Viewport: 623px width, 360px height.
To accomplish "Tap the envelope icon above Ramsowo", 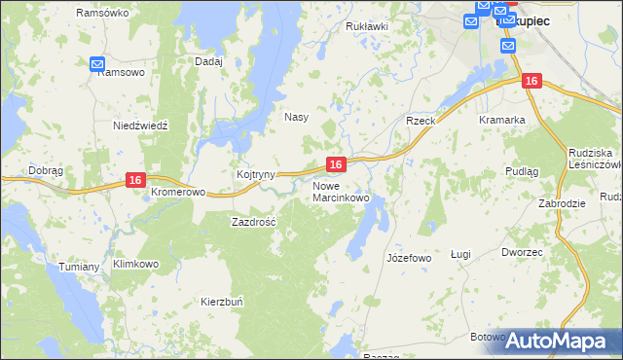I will click(x=97, y=64).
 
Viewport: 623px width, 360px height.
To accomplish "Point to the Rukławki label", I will click(x=367, y=26).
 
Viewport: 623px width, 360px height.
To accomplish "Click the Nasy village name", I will click(x=296, y=117).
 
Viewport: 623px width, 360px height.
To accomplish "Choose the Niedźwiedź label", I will click(x=141, y=126).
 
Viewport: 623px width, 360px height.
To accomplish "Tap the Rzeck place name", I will click(x=421, y=120).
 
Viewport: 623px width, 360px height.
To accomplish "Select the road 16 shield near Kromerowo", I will click(x=135, y=180).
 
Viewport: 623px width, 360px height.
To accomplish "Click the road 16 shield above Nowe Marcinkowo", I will click(x=335, y=165).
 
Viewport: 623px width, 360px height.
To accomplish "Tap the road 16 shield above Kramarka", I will click(x=530, y=82).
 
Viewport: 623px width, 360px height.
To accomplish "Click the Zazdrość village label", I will click(x=254, y=222).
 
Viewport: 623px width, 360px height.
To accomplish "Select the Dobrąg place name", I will click(x=46, y=169).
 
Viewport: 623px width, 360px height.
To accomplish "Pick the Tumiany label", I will click(x=80, y=267).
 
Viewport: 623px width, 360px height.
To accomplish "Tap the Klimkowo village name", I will click(x=135, y=264).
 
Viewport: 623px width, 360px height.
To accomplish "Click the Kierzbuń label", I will click(x=221, y=301).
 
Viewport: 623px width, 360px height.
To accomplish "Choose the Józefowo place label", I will click(x=409, y=258).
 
